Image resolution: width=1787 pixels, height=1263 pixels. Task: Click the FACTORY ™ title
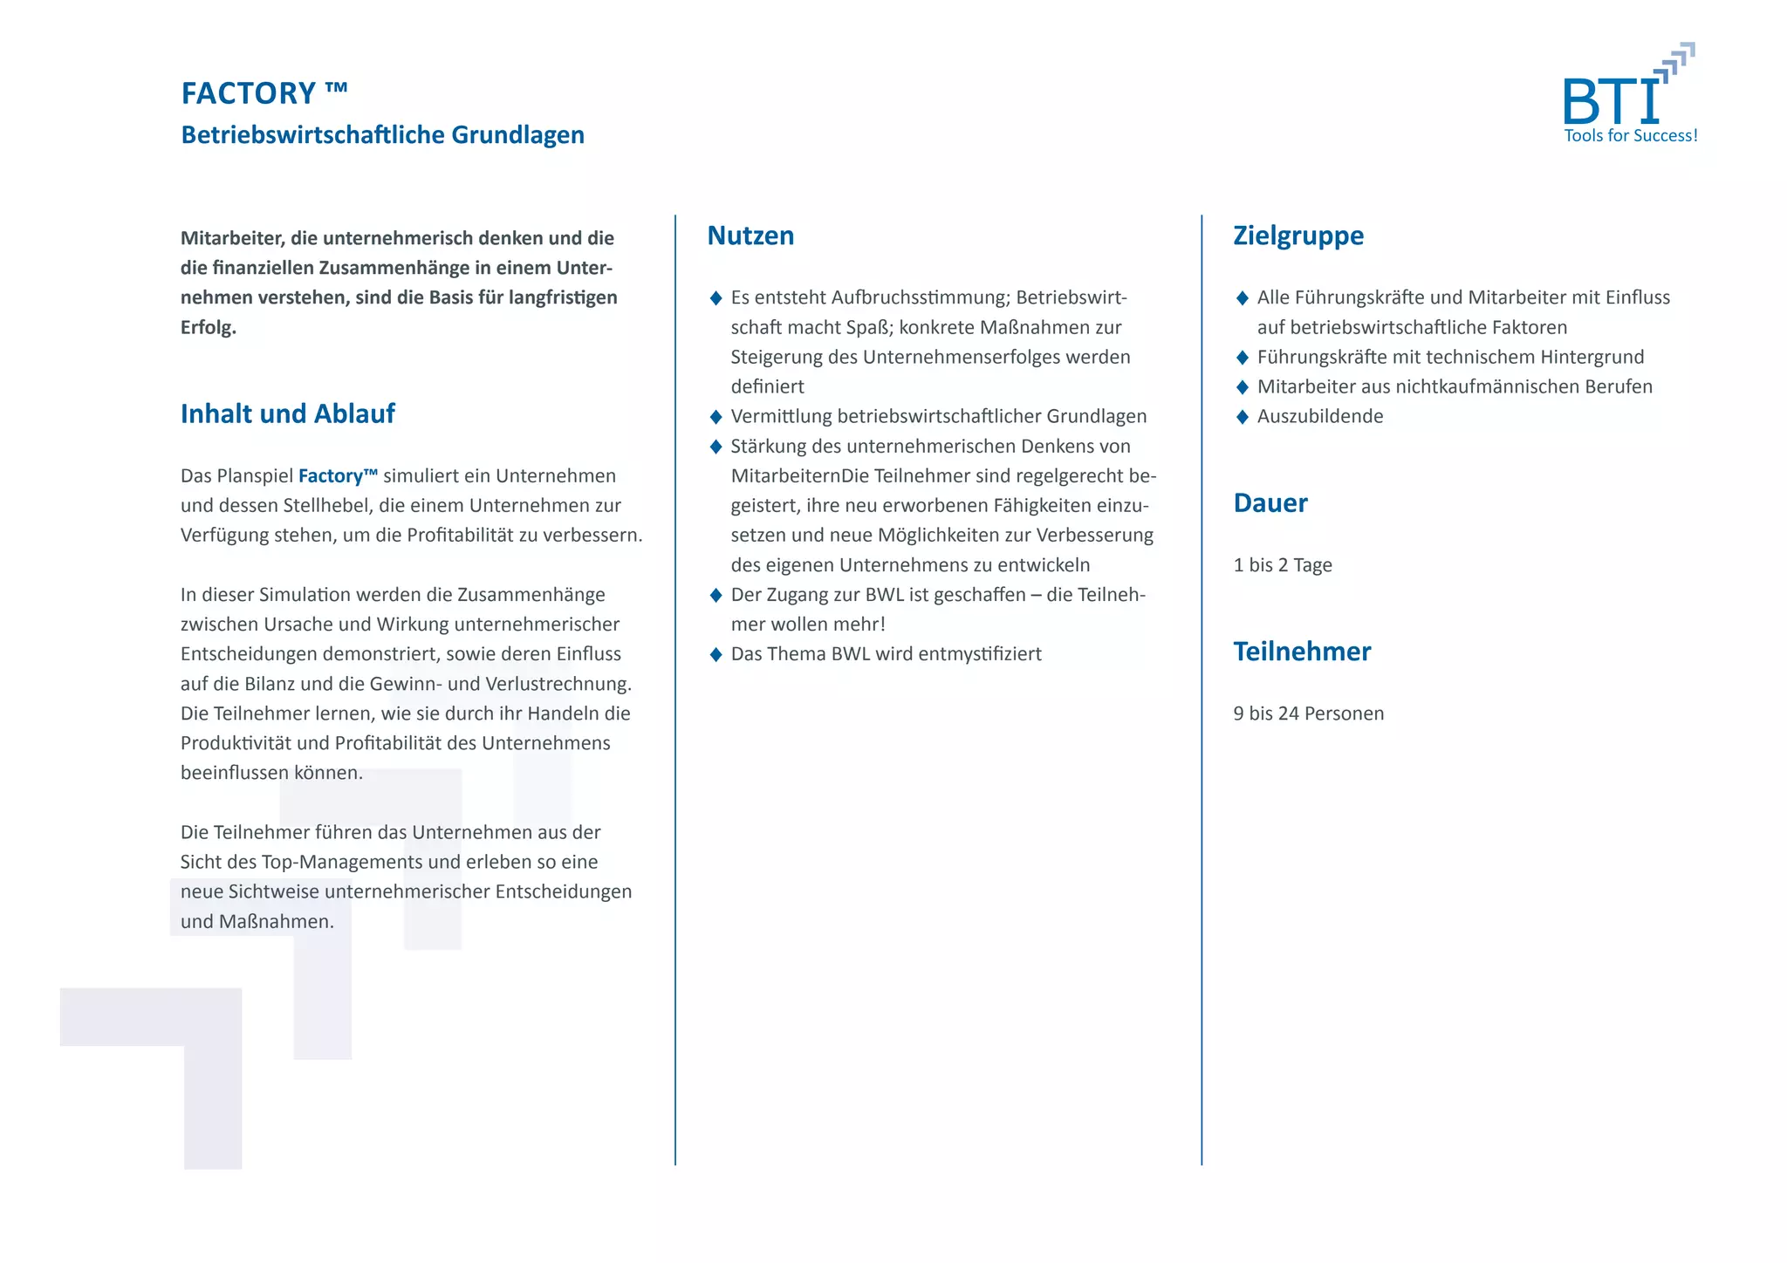[264, 93]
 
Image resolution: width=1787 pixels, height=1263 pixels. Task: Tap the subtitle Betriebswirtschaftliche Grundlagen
[382, 135]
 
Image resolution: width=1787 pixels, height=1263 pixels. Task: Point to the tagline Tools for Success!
[1630, 136]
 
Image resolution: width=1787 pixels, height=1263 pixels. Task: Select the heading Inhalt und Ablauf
[287, 413]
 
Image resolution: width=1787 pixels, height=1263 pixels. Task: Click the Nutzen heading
[750, 236]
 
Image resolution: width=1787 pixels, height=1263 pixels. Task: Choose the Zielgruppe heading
[1297, 236]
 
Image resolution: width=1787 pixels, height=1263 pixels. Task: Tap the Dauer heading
[1270, 503]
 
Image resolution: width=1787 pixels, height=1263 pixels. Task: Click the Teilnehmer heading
[1301, 652]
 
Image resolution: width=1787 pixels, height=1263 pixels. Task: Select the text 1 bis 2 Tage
[1282, 565]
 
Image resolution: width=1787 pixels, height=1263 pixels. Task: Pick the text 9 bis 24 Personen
[1308, 713]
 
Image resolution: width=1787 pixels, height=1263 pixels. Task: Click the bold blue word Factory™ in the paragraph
[338, 476]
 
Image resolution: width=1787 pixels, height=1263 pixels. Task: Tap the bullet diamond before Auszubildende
[1243, 417]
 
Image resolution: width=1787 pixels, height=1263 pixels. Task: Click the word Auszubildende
[1319, 417]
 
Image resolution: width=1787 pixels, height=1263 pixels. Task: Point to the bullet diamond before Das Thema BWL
[715, 654]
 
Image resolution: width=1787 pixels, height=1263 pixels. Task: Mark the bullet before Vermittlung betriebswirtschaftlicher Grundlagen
[715, 417]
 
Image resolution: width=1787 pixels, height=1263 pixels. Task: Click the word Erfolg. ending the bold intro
[209, 328]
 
